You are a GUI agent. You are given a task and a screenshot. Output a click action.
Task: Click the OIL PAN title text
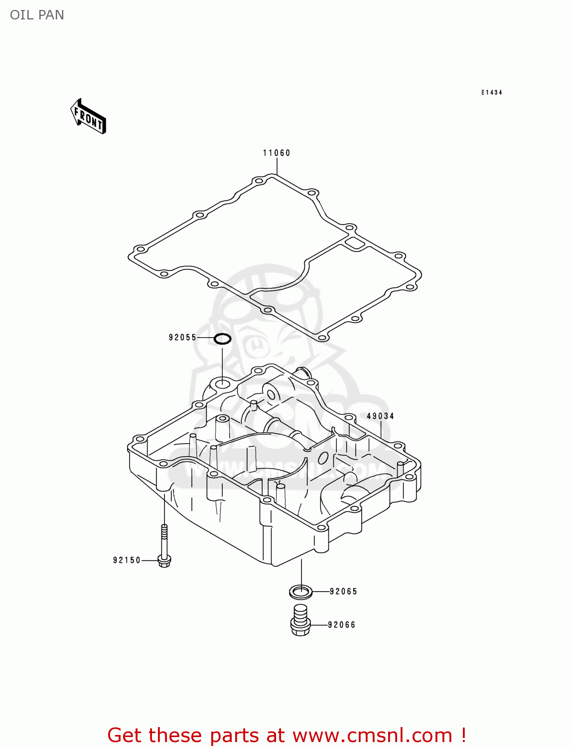coord(37,15)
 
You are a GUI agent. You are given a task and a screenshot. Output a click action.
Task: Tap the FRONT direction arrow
coord(88,117)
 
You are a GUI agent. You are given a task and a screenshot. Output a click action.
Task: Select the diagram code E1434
coord(491,93)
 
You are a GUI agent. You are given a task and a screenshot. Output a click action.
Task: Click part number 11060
coord(277,153)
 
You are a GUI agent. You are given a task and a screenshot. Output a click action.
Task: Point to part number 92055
coord(182,338)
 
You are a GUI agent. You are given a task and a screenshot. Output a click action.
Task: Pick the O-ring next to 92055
coord(222,339)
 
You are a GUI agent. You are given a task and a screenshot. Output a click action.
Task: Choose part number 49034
coord(380,416)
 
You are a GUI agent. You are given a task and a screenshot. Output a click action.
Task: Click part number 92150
coord(127,560)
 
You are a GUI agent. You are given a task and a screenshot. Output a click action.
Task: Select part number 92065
coord(343,592)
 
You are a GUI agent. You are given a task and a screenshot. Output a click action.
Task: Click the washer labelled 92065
coord(301,592)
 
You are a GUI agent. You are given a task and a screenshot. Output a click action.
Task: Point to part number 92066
coord(342,625)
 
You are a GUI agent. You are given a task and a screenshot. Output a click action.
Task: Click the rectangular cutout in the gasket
coord(355,244)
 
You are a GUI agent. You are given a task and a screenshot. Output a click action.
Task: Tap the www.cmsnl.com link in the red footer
coord(372,736)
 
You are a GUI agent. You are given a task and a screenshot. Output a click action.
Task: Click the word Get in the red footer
coord(126,736)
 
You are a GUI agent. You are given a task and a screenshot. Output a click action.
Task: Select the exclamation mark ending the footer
coord(463,736)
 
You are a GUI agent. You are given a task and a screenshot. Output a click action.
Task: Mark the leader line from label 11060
coord(277,166)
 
